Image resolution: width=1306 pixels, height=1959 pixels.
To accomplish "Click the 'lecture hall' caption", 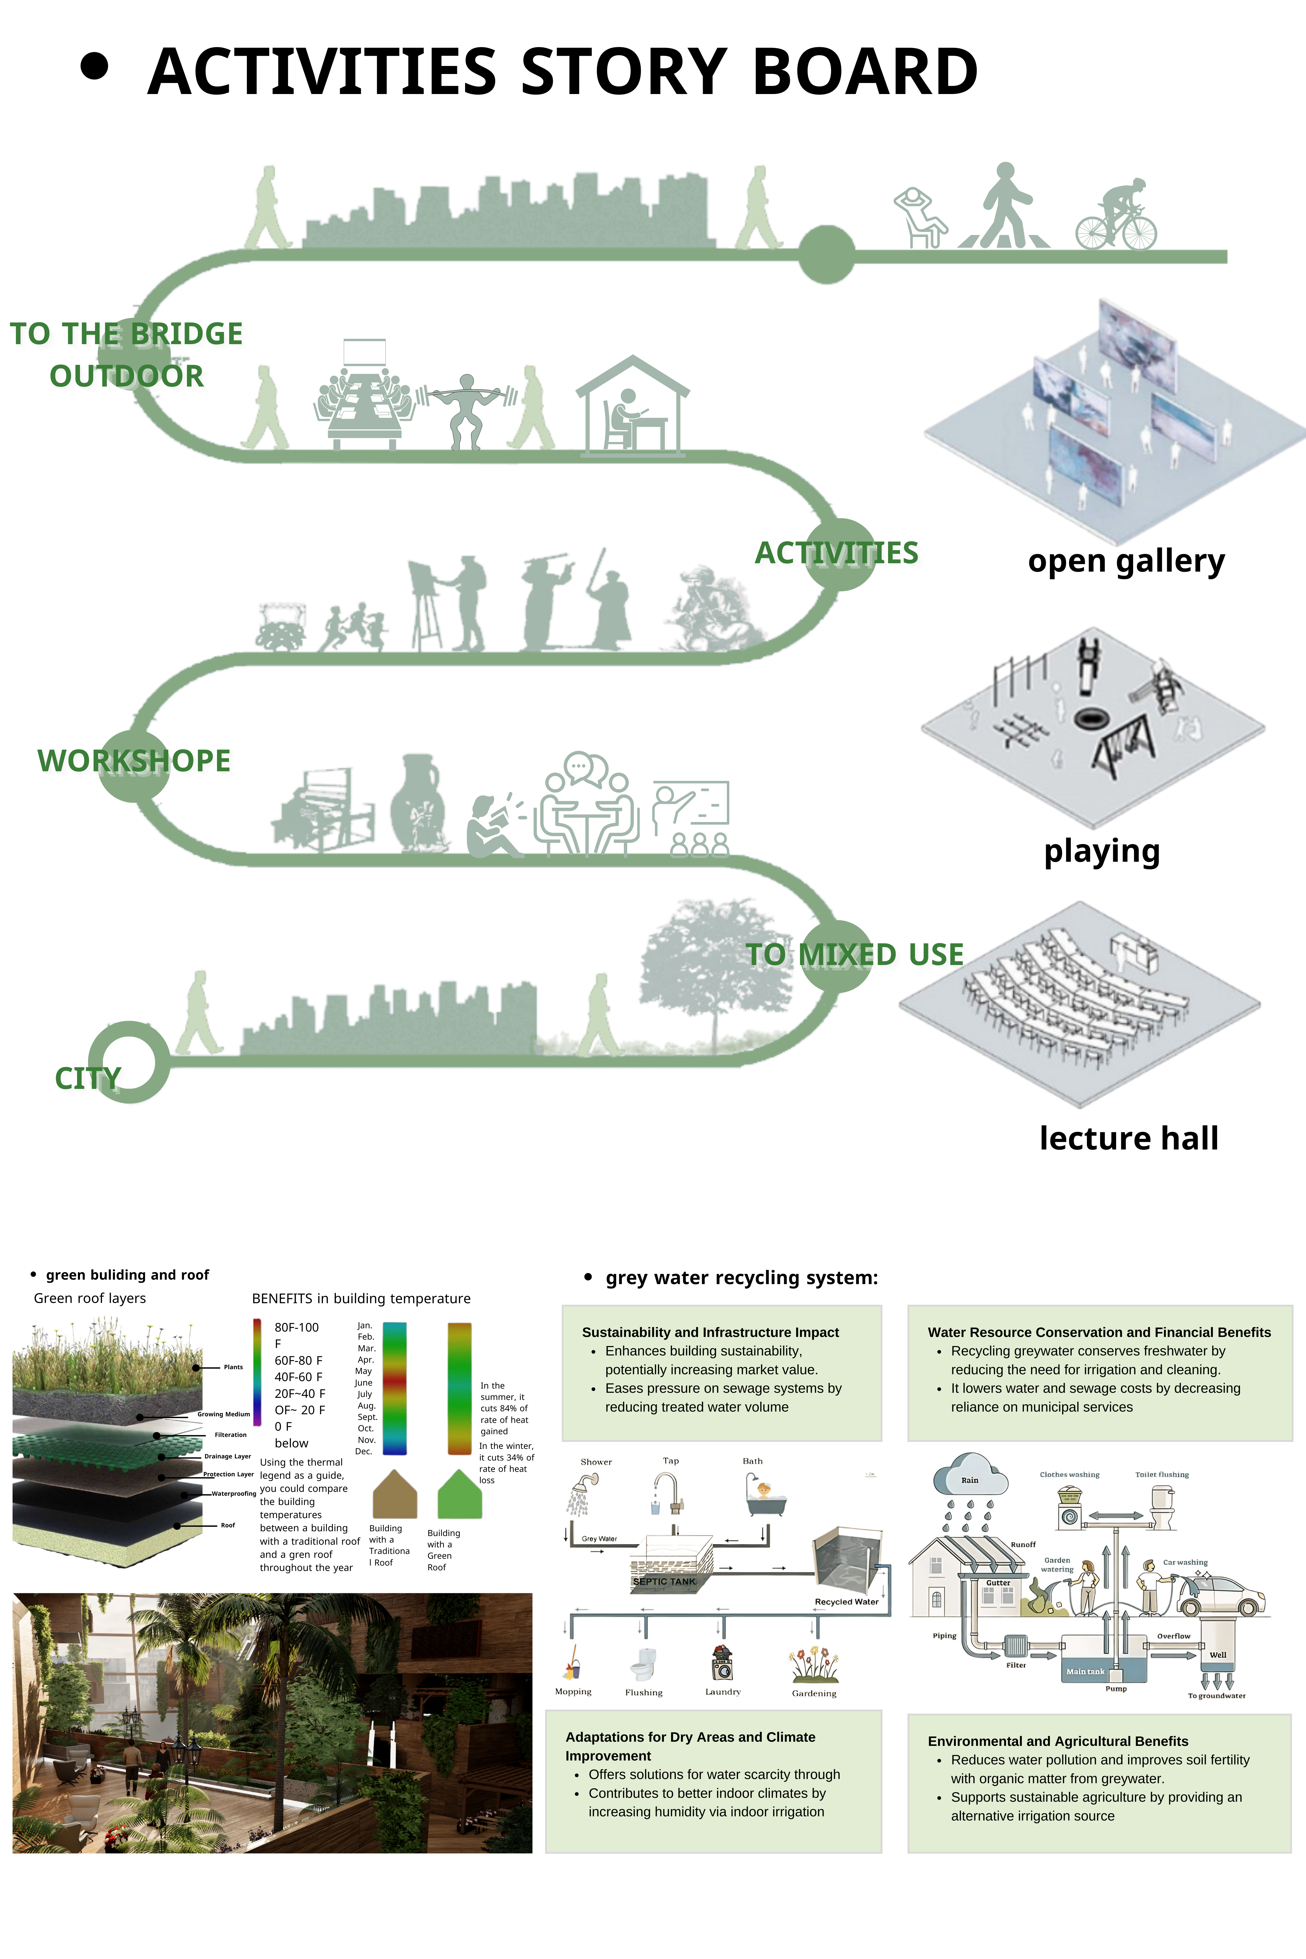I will [x=1129, y=1138].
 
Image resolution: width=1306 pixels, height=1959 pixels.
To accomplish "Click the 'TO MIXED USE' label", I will [x=855, y=955].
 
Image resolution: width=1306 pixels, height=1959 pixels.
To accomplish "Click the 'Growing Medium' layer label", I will [x=223, y=1414].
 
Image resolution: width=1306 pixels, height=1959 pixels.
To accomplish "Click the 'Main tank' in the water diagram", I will [x=1086, y=1671].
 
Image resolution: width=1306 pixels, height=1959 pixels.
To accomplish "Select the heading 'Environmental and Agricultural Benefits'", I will [x=1058, y=1741].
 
